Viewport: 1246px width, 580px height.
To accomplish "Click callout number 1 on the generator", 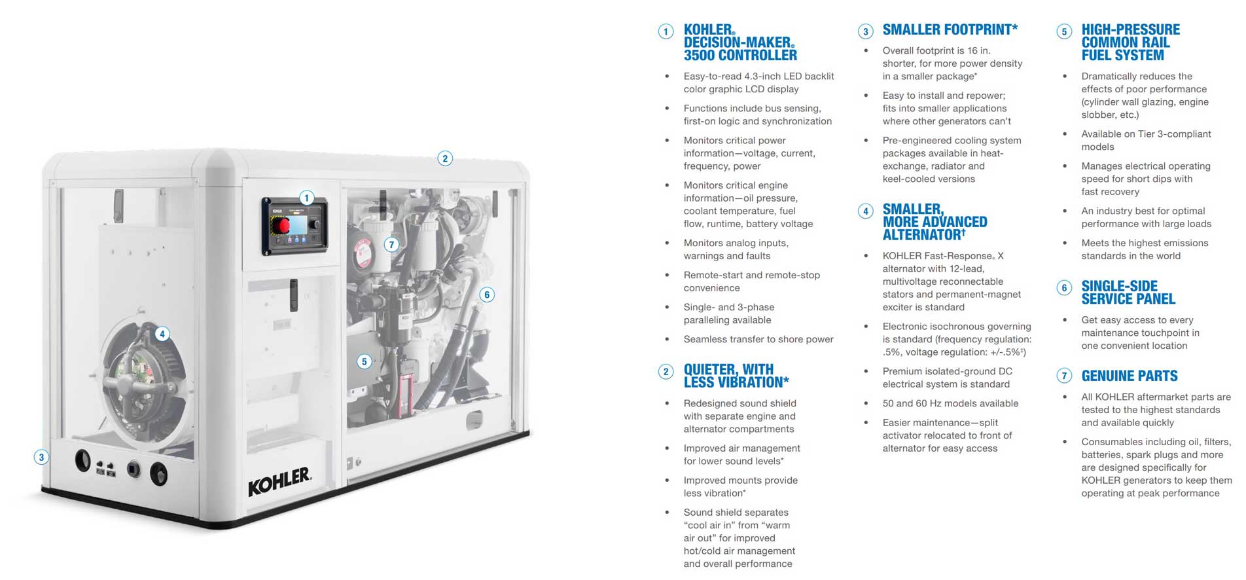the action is (306, 198).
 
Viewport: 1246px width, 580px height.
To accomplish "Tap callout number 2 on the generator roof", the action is (445, 158).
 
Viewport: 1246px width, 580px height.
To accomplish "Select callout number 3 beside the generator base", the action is (41, 457).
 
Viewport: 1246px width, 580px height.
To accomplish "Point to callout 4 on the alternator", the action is (162, 334).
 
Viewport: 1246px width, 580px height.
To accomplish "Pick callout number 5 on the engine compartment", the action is (365, 361).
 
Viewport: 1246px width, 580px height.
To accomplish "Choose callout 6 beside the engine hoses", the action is (486, 295).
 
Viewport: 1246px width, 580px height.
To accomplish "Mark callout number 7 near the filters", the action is (391, 245).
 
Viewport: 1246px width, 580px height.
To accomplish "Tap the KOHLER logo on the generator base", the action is (279, 481).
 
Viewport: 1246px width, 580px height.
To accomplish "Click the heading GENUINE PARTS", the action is (1130, 376).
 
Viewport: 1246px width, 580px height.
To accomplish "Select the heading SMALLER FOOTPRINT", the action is (950, 29).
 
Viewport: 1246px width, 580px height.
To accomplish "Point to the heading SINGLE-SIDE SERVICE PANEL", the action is (1128, 293).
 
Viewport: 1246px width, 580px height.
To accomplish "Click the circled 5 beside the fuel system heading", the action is (1064, 31).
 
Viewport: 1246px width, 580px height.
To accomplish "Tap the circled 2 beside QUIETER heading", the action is (666, 372).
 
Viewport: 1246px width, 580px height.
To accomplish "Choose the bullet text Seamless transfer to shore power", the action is (758, 339).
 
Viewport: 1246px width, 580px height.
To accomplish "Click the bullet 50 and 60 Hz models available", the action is (950, 403).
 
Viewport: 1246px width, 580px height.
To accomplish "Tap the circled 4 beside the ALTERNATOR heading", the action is (866, 211).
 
